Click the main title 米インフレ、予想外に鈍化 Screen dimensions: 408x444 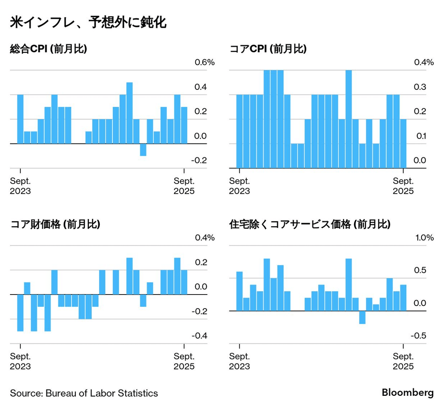tap(88, 23)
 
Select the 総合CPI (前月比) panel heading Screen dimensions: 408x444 tap(48, 49)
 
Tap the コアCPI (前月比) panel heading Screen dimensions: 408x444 tap(268, 49)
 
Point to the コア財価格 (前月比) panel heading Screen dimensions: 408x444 tap(55, 224)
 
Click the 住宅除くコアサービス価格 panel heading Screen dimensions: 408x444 tap(310, 224)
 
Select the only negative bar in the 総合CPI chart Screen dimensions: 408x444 tap(143, 150)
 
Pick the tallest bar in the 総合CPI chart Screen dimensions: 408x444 tap(129, 113)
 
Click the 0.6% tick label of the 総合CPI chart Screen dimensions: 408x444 tap(205, 62)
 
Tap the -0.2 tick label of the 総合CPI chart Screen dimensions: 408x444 tap(199, 160)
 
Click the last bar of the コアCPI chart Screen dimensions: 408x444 tap(403, 143)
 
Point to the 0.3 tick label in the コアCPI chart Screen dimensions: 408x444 tap(420, 87)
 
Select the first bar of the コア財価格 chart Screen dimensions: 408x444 tap(20, 313)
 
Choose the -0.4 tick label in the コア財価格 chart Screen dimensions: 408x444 tap(199, 336)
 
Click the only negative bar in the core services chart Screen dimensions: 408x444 tap(362, 317)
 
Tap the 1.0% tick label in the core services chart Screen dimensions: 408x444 tap(424, 238)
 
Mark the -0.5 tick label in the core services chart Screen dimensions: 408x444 tap(418, 336)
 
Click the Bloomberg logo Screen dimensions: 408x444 tap(407, 392)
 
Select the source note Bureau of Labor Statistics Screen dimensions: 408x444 tap(84, 393)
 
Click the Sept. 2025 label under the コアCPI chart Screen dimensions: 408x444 tap(403, 186)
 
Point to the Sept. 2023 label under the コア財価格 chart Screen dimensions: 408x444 tap(20, 361)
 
